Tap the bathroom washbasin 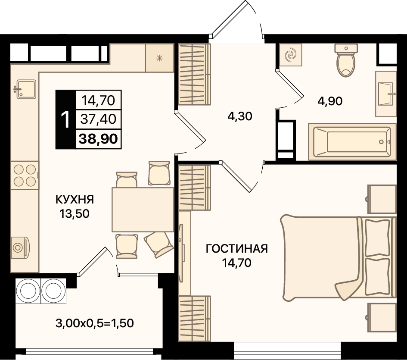coord(386,94)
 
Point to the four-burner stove coord(24,175)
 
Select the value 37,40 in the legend coord(99,119)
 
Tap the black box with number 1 coord(65,119)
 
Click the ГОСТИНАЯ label coord(237,249)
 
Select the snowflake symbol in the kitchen coord(159,58)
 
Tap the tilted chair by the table coord(158,244)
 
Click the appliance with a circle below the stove coord(20,247)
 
